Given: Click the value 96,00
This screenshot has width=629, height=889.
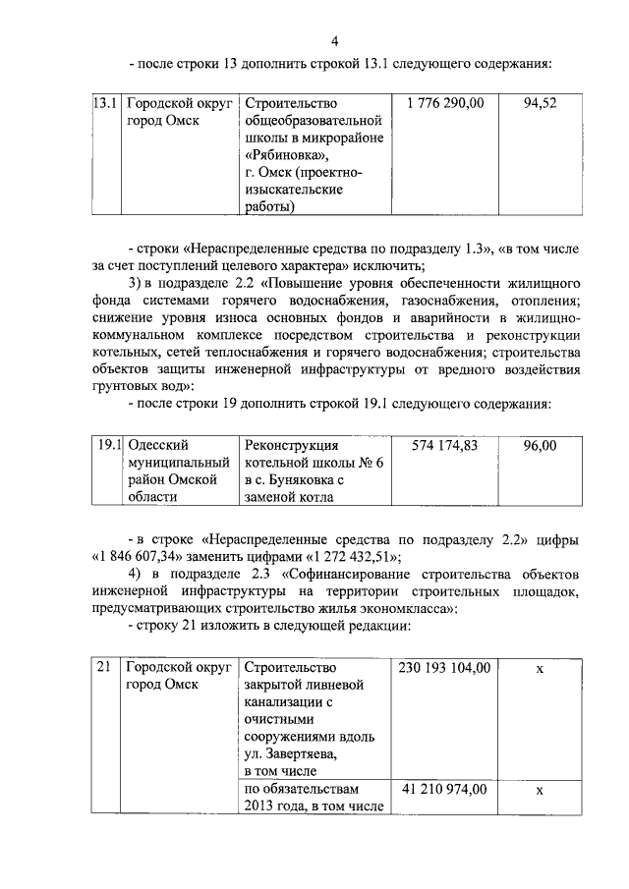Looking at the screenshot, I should pyautogui.click(x=541, y=445).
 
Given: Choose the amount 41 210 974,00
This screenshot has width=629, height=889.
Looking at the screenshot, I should pyautogui.click(x=444, y=789).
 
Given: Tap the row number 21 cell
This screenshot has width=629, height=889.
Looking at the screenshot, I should pyautogui.click(x=102, y=669).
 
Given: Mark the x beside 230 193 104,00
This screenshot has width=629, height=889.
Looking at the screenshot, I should pyautogui.click(x=540, y=669).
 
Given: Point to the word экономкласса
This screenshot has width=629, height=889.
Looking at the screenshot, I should pyautogui.click(x=402, y=609).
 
